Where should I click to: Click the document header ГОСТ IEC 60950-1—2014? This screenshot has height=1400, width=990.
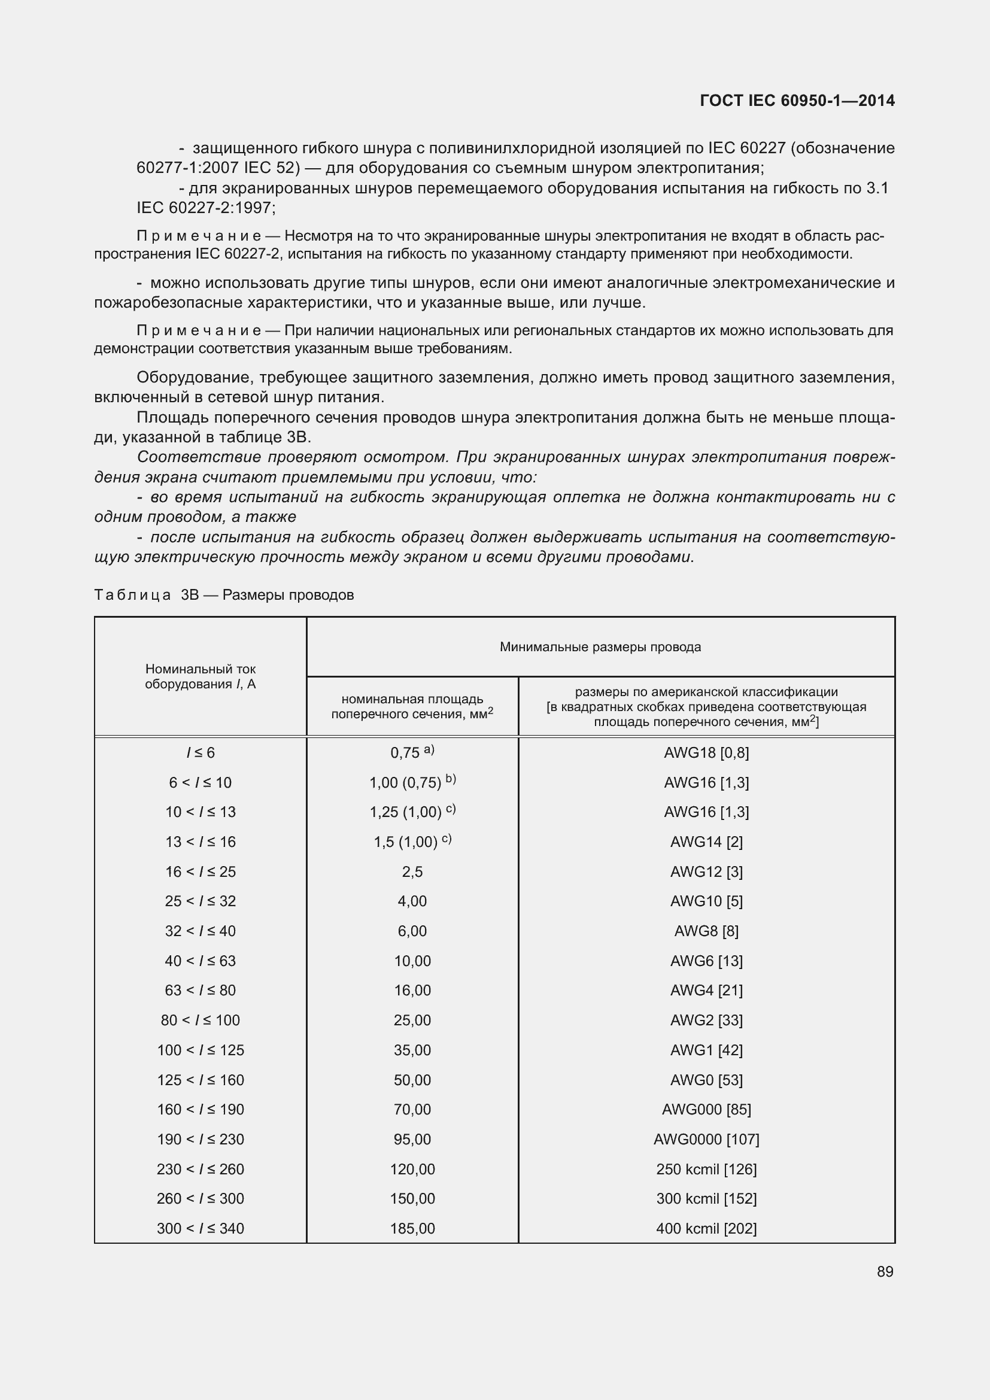797,101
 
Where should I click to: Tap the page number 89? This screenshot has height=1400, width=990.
885,1271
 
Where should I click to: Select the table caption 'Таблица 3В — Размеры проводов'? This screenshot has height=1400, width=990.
224,594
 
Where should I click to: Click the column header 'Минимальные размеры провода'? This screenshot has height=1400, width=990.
600,647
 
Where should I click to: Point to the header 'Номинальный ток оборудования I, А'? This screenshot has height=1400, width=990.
200,676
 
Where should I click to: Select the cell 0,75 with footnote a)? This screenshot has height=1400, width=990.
412,752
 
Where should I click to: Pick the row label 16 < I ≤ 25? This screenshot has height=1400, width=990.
200,871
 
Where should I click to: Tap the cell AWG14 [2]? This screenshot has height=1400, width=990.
706,842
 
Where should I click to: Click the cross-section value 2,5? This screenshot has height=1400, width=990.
412,871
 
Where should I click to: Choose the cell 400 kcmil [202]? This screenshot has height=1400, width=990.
706,1228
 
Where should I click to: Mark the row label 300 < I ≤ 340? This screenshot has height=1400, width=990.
200,1228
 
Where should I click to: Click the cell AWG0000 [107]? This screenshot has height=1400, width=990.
706,1139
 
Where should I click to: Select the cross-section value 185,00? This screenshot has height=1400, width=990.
412,1228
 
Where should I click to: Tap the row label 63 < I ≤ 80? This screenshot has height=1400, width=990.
200,990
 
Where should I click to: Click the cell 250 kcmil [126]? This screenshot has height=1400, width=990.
706,1169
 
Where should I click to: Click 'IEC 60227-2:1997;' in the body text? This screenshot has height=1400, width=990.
206,208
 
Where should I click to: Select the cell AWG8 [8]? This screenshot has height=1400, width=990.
706,931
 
